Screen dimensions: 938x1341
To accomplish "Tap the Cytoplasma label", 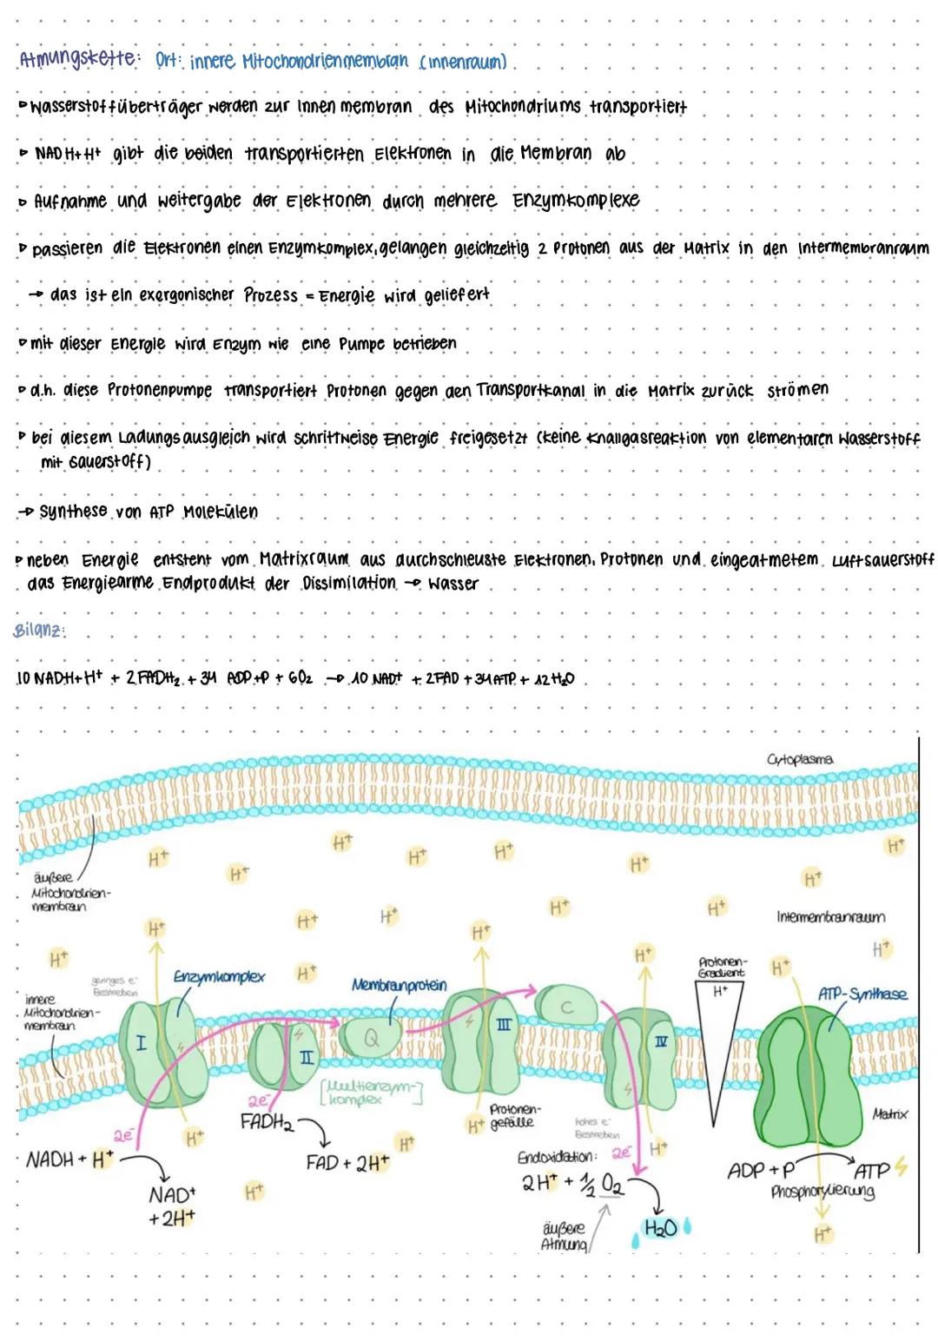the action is click(800, 759).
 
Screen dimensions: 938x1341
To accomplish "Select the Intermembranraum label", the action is click(830, 917).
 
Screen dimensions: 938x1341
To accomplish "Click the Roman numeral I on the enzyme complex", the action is click(141, 1042).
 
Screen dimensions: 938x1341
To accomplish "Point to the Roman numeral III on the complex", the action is click(504, 1026).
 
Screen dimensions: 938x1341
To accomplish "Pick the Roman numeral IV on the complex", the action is click(661, 1041).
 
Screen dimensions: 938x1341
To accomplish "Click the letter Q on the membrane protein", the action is click(372, 1037).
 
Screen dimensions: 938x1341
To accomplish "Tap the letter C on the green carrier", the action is click(566, 1007).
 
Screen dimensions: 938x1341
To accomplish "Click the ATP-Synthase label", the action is click(862, 994).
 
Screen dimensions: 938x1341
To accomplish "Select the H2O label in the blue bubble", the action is click(660, 1228).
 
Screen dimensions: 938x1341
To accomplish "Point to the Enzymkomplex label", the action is click(219, 977).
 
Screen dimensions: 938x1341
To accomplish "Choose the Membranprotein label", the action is click(399, 985).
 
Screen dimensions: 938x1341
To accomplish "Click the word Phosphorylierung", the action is click(822, 1192).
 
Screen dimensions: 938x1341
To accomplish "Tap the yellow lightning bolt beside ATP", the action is click(900, 1168).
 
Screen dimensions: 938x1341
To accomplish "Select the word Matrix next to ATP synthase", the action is click(889, 1114).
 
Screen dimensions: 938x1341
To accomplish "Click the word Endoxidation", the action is click(556, 1158).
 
